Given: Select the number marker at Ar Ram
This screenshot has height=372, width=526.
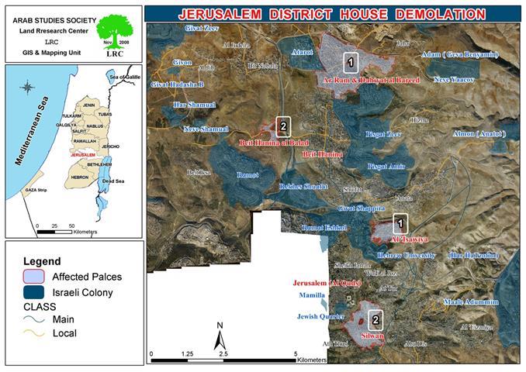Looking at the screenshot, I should (x=351, y=60).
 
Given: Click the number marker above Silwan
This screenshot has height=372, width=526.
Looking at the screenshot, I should (x=375, y=319).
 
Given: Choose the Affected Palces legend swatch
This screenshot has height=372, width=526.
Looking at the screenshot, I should (x=34, y=277).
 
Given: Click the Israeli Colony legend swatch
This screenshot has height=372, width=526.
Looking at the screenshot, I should (x=34, y=292).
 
